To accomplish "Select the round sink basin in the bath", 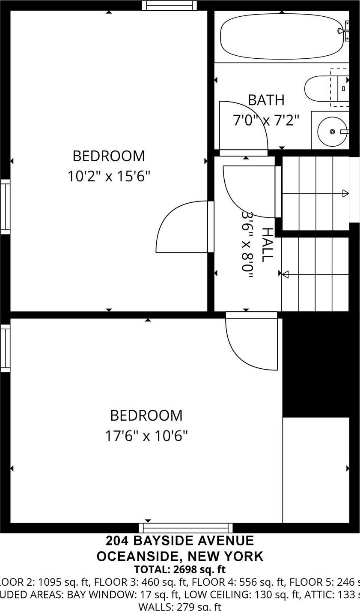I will coord(332,132).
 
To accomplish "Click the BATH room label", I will coord(266,100).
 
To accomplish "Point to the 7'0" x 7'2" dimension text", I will coord(266,120).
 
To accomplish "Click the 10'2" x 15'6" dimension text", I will coord(109,176).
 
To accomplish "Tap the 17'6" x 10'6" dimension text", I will coord(146,436).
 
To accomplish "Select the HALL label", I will coord(267,244).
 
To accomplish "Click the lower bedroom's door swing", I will coord(250,343).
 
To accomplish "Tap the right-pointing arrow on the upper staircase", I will coord(345,194).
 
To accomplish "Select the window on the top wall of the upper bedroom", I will coord(170,5).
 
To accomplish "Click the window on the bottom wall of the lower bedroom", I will coord(186,528).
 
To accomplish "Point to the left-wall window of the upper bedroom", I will coord(5,207).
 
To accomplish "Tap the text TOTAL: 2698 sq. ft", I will coord(179,570).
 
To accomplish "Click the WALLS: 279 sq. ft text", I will coord(179,606).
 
